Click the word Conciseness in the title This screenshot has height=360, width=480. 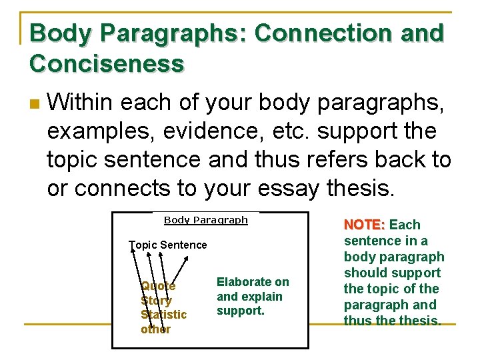[x=107, y=65]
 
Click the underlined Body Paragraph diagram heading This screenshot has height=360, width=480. [x=205, y=220]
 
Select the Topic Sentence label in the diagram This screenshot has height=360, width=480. [x=168, y=245]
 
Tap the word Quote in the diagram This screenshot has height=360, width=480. [x=158, y=286]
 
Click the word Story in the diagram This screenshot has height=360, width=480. [x=156, y=301]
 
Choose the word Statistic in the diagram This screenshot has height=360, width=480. [x=163, y=315]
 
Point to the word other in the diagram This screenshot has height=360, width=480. [x=155, y=329]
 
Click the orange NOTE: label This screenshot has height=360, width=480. [x=365, y=225]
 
